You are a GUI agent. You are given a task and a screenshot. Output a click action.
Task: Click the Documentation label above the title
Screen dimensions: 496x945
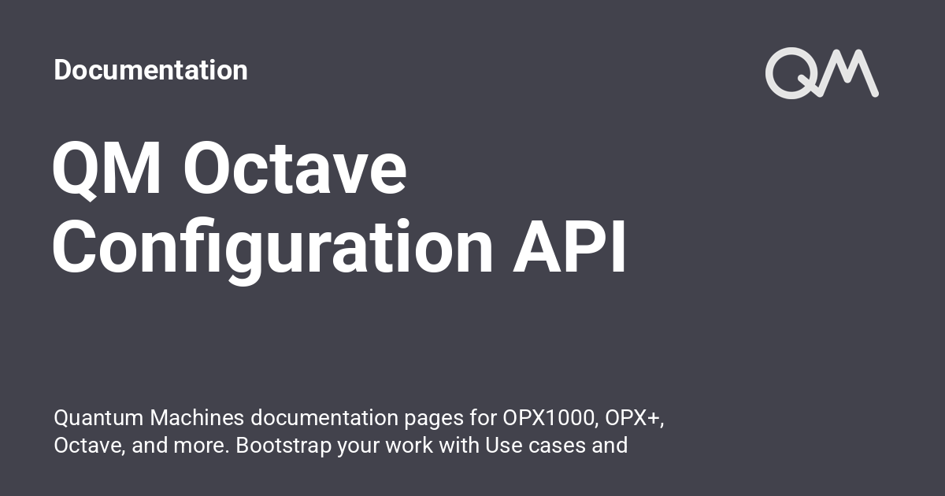[150, 70]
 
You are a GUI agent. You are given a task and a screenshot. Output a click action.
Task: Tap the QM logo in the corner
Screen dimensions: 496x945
[821, 74]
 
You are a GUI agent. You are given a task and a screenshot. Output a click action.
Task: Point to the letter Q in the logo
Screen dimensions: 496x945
[792, 74]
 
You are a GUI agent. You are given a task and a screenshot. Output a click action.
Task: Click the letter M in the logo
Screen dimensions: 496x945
[850, 74]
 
